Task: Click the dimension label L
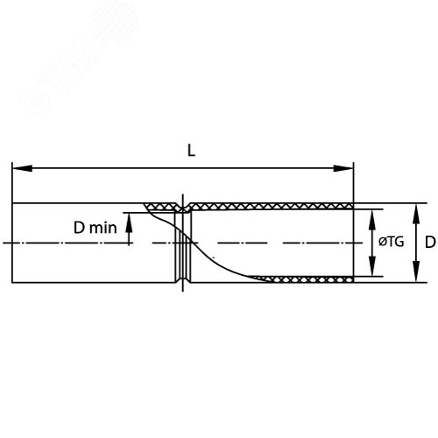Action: tap(191, 151)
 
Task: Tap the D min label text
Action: tap(95, 228)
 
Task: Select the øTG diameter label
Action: tap(392, 242)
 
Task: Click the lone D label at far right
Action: tap(430, 242)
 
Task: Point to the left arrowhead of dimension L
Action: tap(22, 168)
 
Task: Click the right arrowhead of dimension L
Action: tap(343, 168)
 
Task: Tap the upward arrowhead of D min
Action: tap(129, 223)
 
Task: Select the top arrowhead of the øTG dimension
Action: tap(371, 220)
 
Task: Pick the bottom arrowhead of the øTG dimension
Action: tap(371, 265)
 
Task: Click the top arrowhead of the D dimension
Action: tap(416, 214)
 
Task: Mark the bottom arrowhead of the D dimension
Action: tap(416, 272)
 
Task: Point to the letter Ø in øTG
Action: tap(383, 242)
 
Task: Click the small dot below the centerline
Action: tap(214, 258)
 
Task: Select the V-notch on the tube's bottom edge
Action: tap(183, 279)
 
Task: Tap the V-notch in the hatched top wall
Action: tap(183, 208)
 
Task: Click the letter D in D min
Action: tap(79, 228)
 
